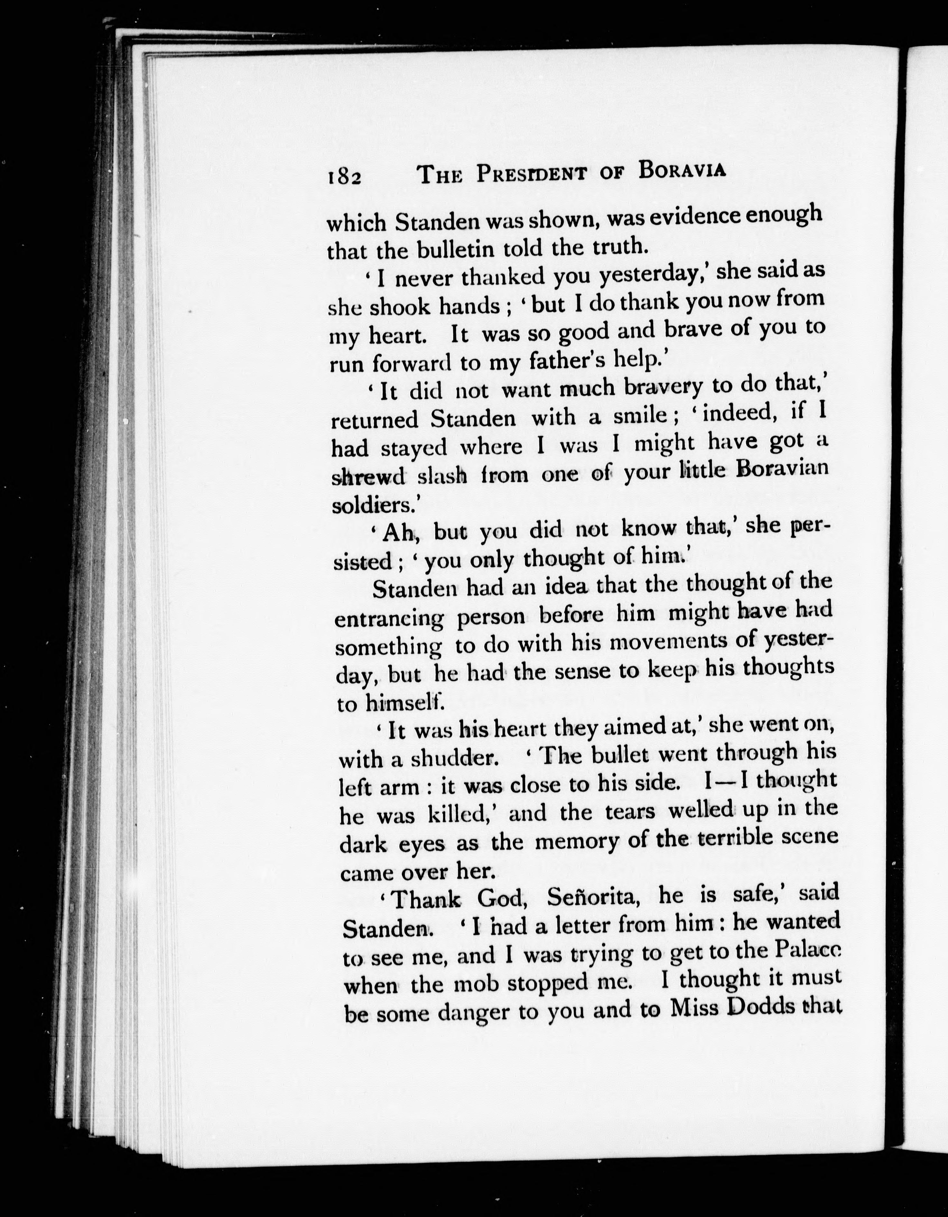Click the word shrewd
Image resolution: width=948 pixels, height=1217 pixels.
[x=368, y=477]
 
